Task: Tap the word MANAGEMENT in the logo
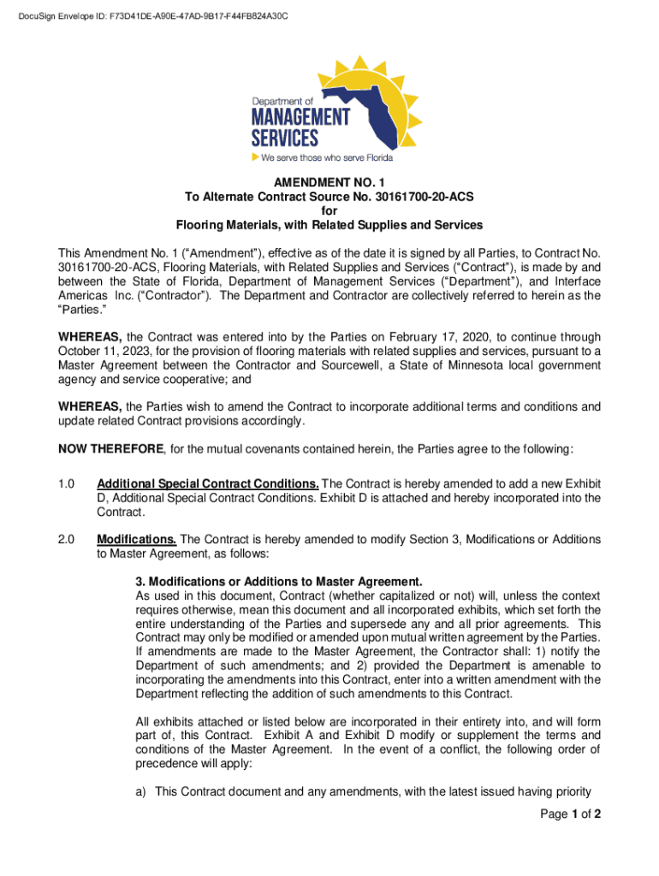[x=300, y=117]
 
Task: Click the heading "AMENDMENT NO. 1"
[x=329, y=182]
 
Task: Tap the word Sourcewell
[x=403, y=365]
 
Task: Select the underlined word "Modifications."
[x=137, y=540]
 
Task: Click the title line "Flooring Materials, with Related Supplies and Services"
[x=329, y=225]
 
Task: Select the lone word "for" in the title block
[x=329, y=211]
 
